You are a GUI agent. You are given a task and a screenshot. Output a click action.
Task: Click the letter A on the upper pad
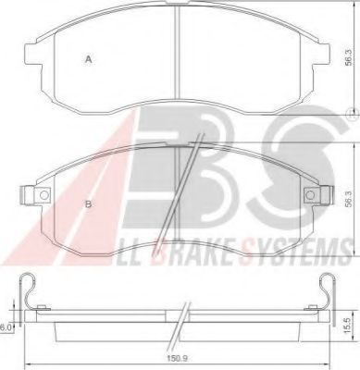pyautogui.click(x=89, y=59)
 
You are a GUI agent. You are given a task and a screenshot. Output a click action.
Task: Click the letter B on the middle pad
pyautogui.click(x=89, y=204)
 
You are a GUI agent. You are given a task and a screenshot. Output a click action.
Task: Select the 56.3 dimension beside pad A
pyautogui.click(x=348, y=57)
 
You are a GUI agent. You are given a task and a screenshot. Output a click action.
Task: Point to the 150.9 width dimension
pyautogui.click(x=178, y=359)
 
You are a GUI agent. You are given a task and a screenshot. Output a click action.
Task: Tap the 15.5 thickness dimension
pyautogui.click(x=348, y=326)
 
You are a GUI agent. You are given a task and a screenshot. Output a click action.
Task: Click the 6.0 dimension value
pyautogui.click(x=5, y=328)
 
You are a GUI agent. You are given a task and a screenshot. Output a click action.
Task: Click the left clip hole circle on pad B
pyautogui.click(x=44, y=195)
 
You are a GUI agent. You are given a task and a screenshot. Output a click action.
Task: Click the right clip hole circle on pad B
pyautogui.click(x=310, y=195)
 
